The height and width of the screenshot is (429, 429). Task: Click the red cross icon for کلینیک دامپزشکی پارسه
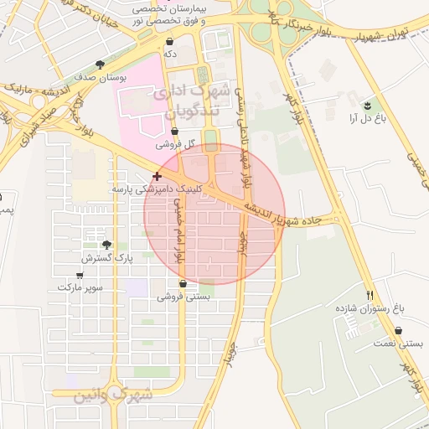[x=157, y=176]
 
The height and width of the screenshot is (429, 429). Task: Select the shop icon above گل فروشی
[x=174, y=132]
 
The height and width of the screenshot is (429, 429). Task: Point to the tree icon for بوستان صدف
[x=101, y=65]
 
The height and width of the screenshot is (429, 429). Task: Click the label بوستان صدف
[x=101, y=77]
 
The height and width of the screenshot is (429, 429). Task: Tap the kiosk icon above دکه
[x=171, y=41]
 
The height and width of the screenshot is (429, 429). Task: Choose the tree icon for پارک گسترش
[x=106, y=246]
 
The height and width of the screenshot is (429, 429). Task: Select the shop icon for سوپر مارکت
[x=80, y=274]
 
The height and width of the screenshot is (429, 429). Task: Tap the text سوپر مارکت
[x=80, y=287]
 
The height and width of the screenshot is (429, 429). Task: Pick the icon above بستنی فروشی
[x=183, y=284]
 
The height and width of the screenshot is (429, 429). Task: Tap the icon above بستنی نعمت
[x=398, y=331]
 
